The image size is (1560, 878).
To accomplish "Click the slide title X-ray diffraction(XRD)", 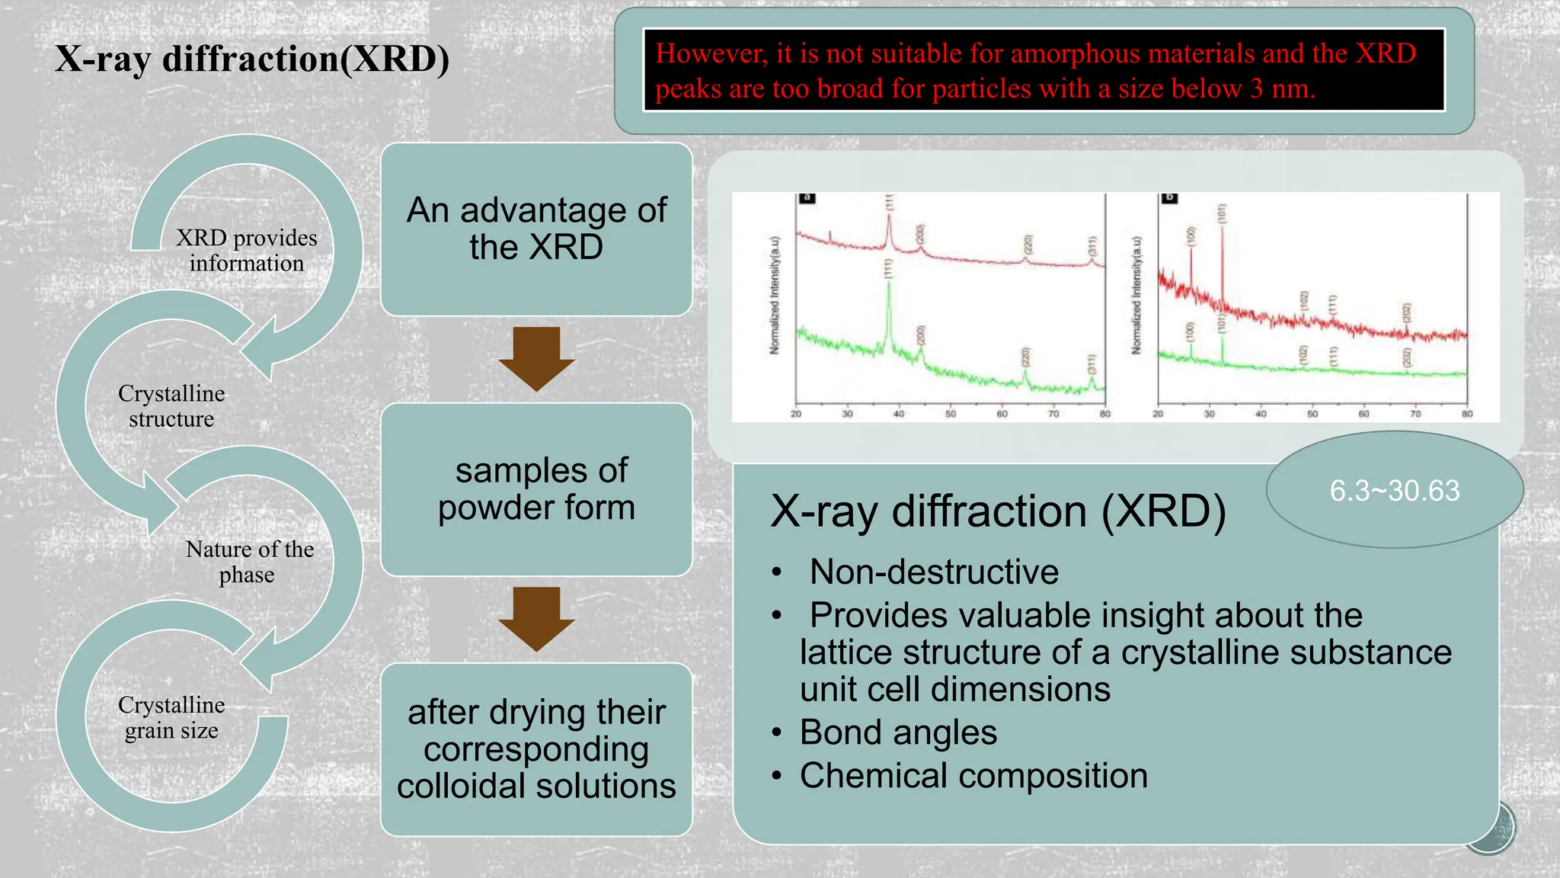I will (x=252, y=59).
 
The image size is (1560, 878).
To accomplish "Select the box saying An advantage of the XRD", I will (x=536, y=229).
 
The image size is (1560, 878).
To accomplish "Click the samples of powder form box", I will (x=536, y=489).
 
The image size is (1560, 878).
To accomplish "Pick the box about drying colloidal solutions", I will (x=536, y=749).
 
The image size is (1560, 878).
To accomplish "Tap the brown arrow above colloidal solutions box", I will (x=536, y=618).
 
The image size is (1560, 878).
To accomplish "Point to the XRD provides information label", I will (x=246, y=250).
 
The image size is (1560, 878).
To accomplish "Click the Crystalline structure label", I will (x=171, y=405).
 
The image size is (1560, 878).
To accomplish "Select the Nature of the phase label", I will (x=249, y=561).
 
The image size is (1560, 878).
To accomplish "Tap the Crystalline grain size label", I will (x=171, y=717).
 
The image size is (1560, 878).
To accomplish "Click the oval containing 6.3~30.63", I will (x=1394, y=490).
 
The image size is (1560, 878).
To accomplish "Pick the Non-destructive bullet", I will (x=933, y=572).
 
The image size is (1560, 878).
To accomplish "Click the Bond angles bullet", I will (x=897, y=732).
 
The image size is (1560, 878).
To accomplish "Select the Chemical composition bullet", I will (x=973, y=776).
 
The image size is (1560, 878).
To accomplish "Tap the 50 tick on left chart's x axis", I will (x=950, y=414).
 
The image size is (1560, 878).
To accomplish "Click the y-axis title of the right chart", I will (x=1136, y=295).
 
